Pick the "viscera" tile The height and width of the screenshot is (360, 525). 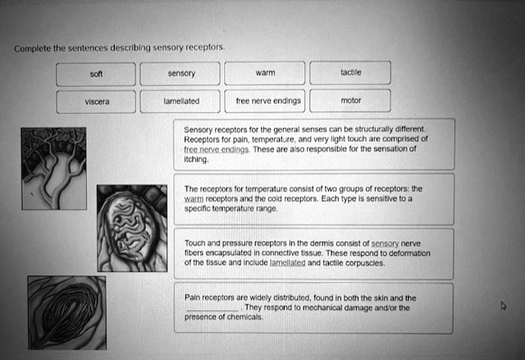(97, 103)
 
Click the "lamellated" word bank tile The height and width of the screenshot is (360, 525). (180, 103)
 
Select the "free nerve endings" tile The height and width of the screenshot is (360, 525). (265, 103)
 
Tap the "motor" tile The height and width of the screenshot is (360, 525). (349, 103)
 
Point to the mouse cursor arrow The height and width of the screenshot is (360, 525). (503, 305)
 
